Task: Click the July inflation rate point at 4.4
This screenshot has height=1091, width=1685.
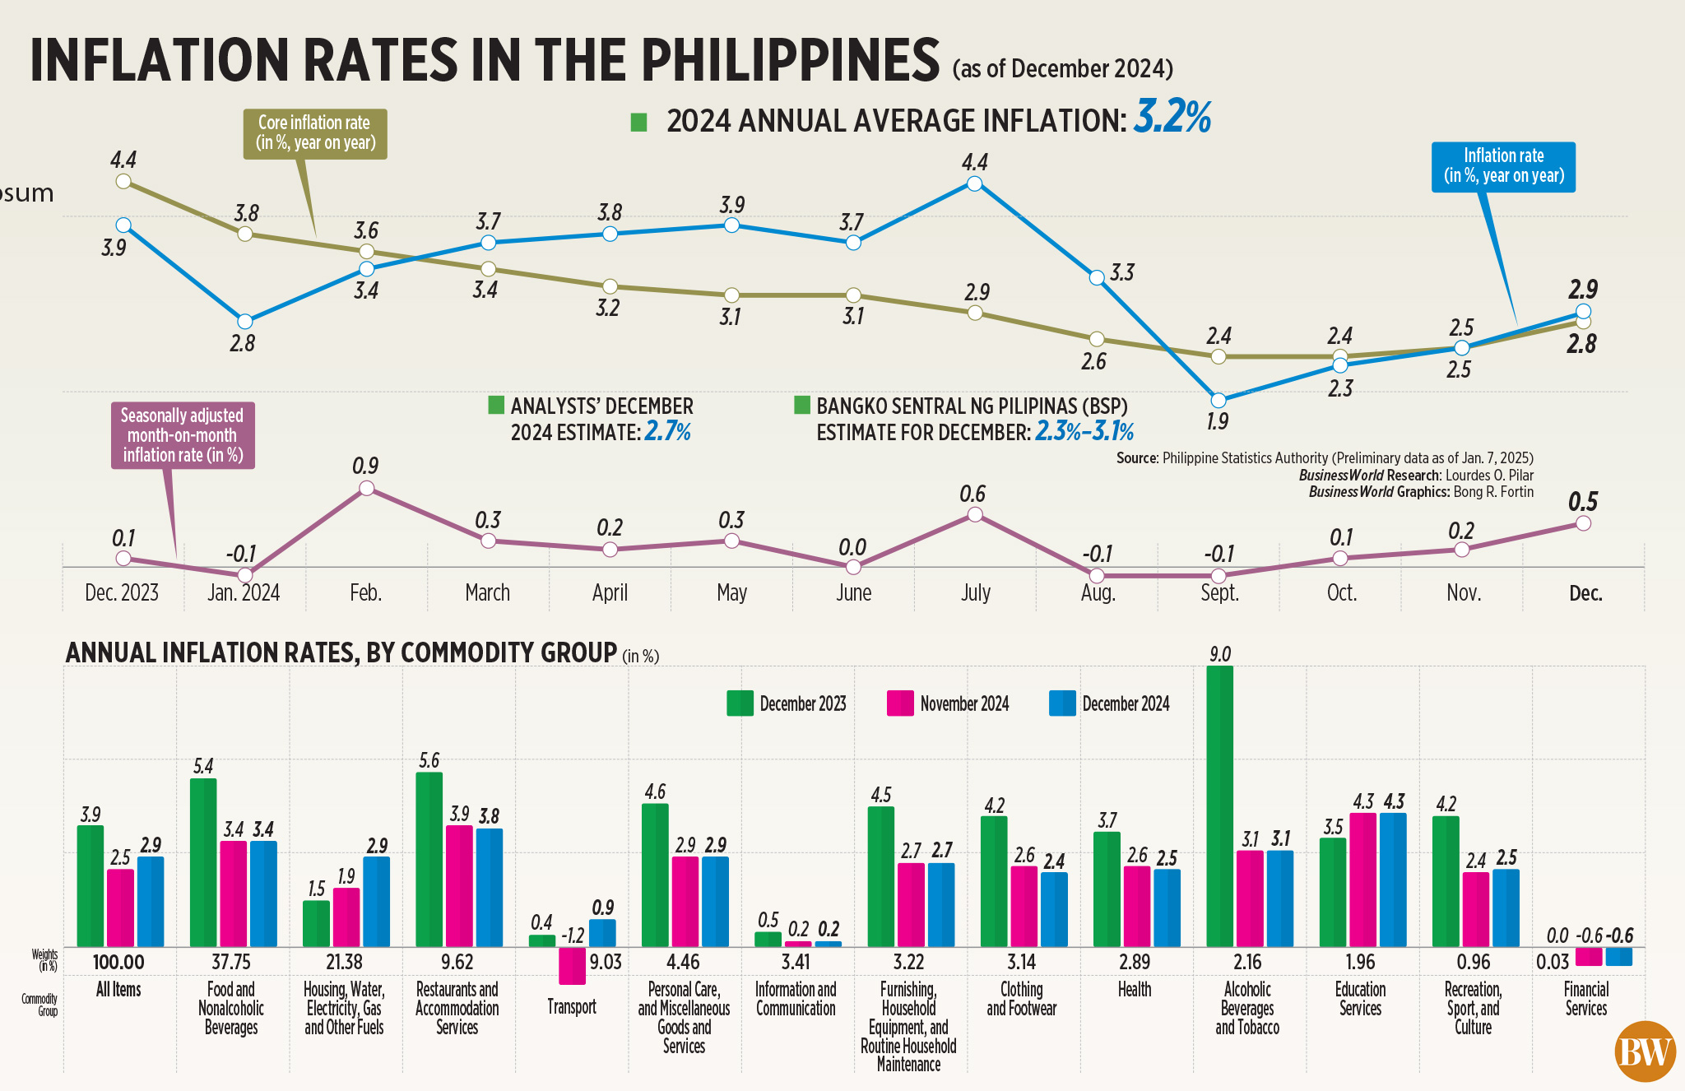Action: tap(974, 183)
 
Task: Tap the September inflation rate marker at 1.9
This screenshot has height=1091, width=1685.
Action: tap(1218, 401)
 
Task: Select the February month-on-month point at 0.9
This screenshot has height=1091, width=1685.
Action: tap(367, 489)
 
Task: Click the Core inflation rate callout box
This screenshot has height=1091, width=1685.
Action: tap(315, 133)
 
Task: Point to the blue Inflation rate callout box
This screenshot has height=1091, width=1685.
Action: tap(1503, 166)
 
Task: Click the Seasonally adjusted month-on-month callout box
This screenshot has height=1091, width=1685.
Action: tap(183, 435)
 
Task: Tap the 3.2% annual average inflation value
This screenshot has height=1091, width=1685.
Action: tap(1172, 117)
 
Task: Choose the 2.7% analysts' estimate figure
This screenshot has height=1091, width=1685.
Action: tap(667, 432)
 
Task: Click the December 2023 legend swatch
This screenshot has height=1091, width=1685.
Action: tap(740, 703)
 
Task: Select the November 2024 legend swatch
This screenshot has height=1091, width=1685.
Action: tap(900, 703)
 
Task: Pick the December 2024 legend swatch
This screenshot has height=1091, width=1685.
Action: tap(1062, 703)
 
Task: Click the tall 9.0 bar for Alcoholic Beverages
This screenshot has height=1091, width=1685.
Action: tap(1219, 806)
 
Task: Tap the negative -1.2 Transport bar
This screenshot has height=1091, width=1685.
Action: tap(572, 966)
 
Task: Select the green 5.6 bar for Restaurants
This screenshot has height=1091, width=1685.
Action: tap(429, 859)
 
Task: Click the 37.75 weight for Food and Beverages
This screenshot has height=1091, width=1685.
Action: tap(231, 962)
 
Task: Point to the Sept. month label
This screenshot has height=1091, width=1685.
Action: tap(1219, 593)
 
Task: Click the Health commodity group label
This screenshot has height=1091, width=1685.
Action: tap(1135, 990)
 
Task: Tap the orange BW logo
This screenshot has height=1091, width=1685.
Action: tap(1645, 1052)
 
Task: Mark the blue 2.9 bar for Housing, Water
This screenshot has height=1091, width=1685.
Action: tap(376, 902)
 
